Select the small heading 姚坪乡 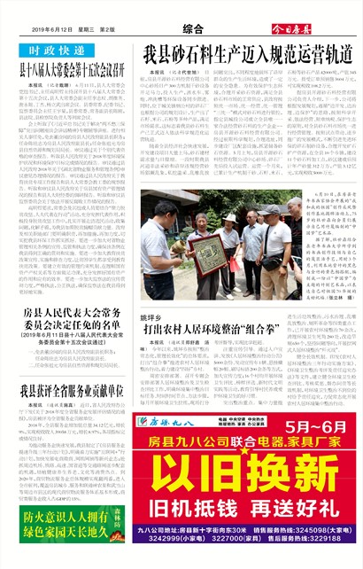click(x=151, y=316)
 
